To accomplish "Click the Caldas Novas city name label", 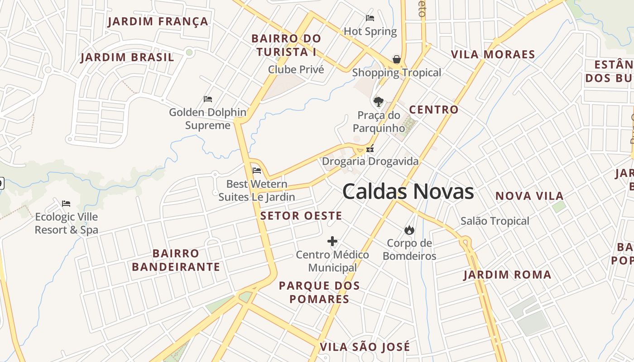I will point(408,191).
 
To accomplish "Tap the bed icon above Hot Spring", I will point(370,18).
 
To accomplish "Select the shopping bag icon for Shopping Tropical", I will point(397,59).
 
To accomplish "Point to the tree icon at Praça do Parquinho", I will point(378,102).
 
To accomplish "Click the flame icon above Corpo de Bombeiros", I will point(409,230).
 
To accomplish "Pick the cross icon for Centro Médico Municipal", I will point(332,241).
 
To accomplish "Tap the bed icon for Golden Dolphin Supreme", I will point(208,99).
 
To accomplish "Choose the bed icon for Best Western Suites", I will point(257,171).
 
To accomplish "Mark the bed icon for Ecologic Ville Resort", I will point(66,203).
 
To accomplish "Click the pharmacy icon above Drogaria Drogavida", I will point(370,148).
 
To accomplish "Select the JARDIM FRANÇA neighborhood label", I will point(158,21).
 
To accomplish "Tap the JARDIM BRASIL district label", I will point(127,57).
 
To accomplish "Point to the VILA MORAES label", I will point(493,55).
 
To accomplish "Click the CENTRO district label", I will point(434,110).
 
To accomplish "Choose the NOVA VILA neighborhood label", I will point(529,196).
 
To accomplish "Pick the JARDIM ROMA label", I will point(507,275).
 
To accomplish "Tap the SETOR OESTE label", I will point(301,216).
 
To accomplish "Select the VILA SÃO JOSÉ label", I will point(365,347).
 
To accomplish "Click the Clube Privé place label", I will point(296,69).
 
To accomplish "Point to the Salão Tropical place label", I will point(495,221).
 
